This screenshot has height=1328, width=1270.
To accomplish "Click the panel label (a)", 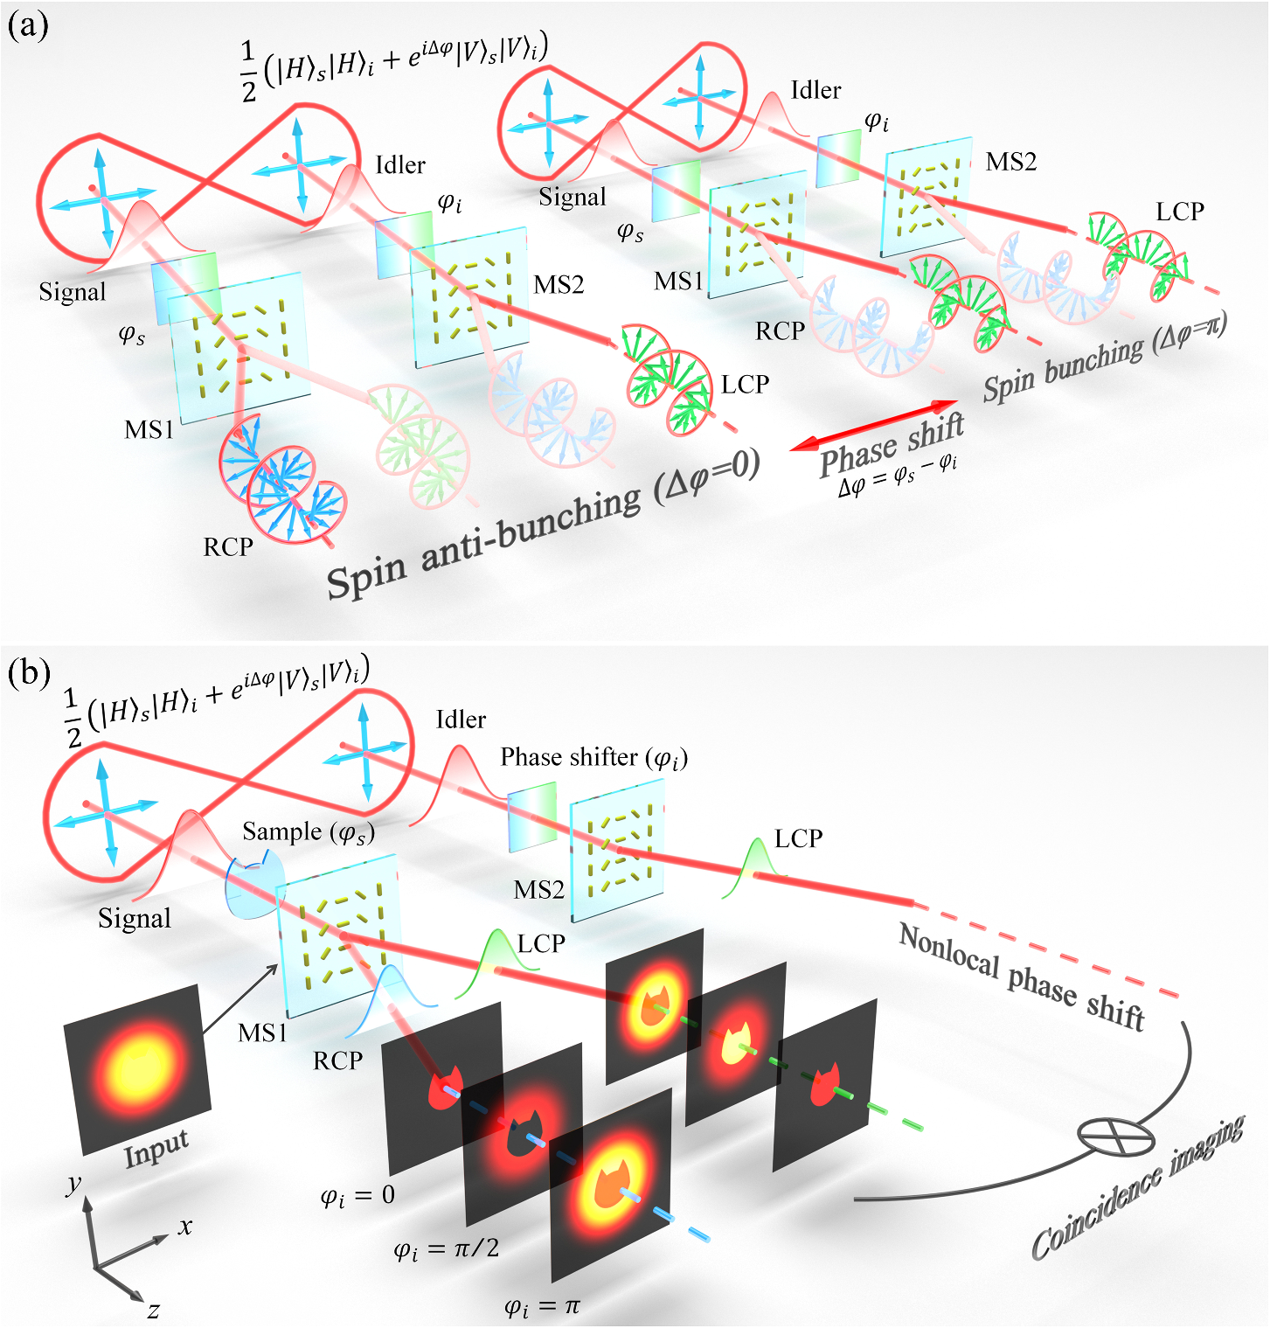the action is pos(28,26).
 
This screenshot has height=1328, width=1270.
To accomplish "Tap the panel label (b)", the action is pos(29,673).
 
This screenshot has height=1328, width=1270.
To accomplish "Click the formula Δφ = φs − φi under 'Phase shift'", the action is pos(898,476).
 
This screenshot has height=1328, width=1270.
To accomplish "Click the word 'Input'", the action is pos(156,1149).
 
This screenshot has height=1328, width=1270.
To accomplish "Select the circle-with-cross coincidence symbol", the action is pos(1115,1136).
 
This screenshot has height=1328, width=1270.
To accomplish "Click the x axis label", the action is pos(185,1227).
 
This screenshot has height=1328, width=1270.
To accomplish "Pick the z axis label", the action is pos(153,1309).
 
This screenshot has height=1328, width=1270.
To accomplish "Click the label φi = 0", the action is pos(357,1196).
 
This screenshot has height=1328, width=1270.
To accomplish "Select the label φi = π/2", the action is pos(447,1248).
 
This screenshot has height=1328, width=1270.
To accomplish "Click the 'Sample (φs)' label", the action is pos(309,831).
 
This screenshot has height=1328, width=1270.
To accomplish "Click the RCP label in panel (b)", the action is pos(337,1060).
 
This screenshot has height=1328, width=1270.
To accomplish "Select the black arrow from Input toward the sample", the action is pos(241,999).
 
